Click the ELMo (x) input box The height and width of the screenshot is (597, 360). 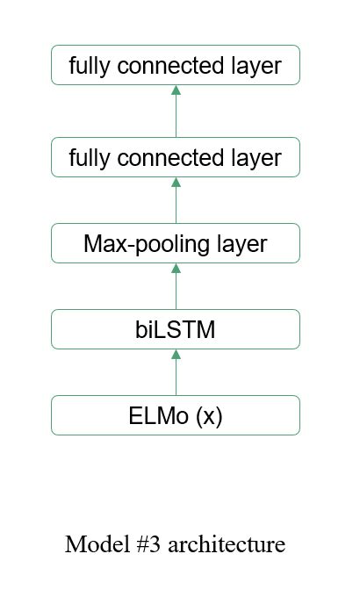(176, 415)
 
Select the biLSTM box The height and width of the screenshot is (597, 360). (176, 329)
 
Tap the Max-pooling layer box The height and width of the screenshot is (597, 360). (176, 243)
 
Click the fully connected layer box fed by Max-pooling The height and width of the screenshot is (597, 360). (176, 157)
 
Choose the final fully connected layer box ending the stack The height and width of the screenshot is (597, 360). (176, 66)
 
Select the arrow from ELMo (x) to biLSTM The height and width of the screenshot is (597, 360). (176, 372)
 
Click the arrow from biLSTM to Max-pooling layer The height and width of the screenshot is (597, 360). (176, 286)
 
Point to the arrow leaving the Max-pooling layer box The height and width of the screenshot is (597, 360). (176, 200)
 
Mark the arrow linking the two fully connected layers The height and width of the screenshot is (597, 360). (176, 111)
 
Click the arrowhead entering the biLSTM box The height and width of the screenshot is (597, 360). (176, 354)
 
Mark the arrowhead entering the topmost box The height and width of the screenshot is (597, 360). (176, 90)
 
